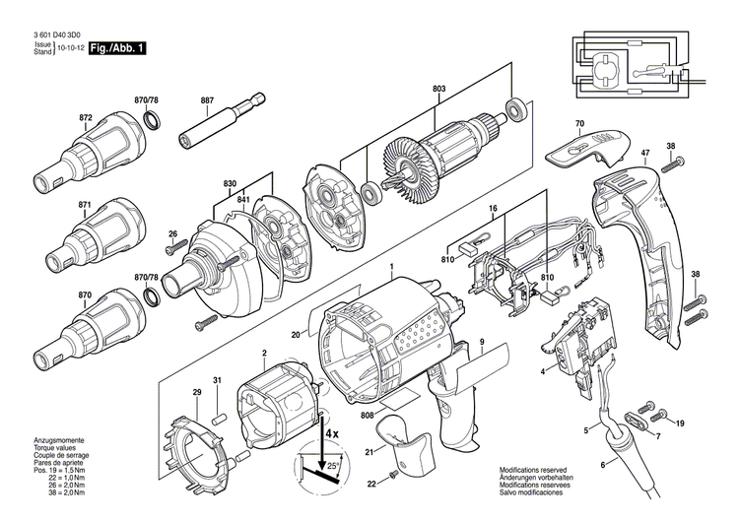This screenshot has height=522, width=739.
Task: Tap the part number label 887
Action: [x=207, y=100]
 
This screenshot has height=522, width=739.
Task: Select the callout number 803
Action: [x=438, y=90]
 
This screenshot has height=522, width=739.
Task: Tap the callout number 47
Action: [x=645, y=153]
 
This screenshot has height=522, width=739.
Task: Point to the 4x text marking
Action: [x=332, y=431]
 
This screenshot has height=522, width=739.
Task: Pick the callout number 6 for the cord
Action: [x=604, y=465]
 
